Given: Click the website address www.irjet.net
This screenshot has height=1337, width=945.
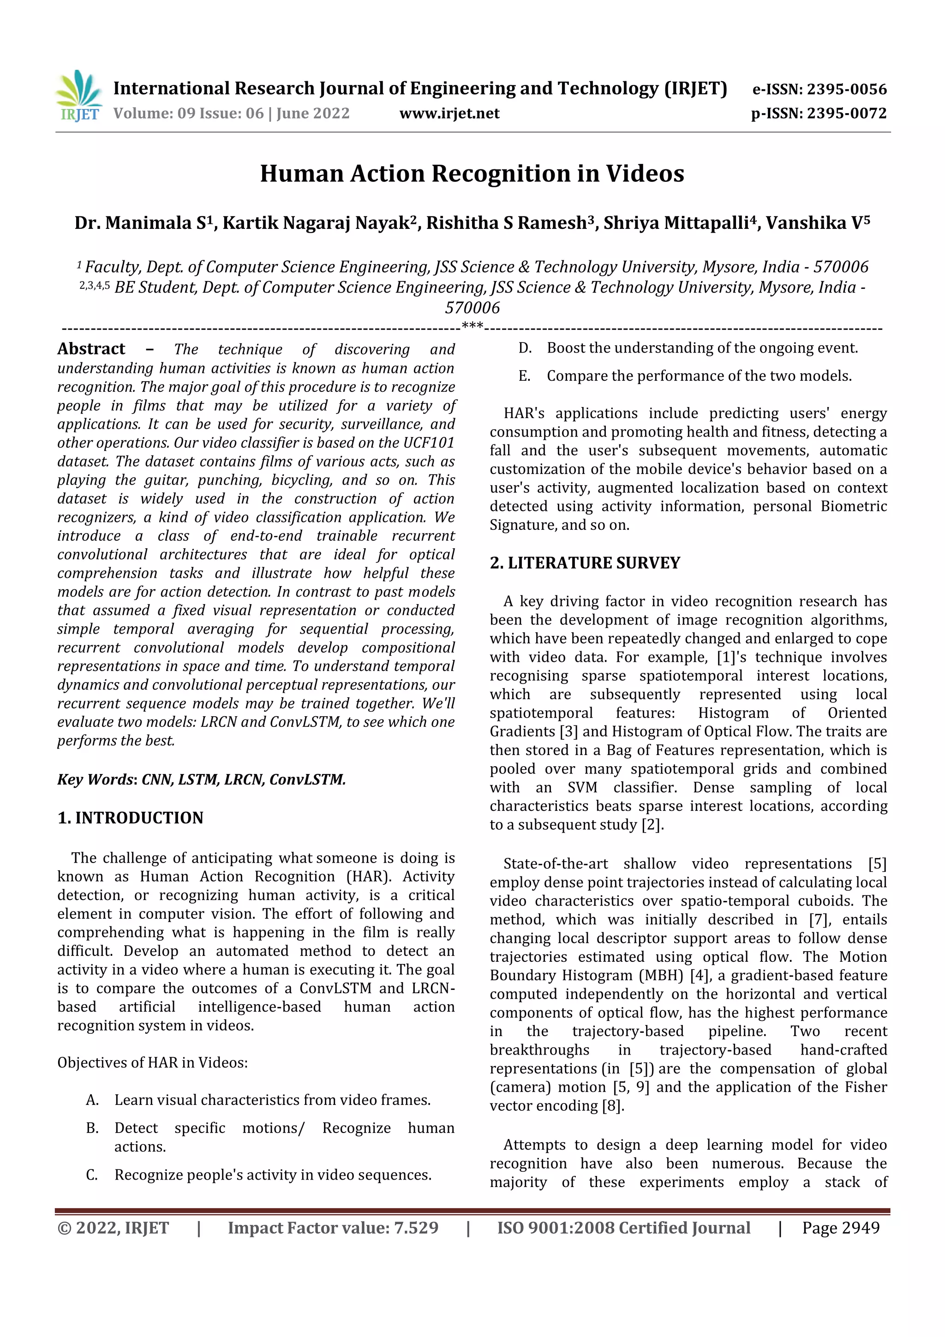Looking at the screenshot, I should [x=449, y=114].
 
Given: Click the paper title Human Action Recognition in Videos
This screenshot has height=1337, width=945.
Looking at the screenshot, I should [x=472, y=174].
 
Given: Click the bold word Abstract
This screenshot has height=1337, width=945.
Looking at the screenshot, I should [x=91, y=349].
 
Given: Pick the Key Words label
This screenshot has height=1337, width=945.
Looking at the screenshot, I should [x=96, y=779].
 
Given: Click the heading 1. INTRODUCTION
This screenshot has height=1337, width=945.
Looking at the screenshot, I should [x=131, y=818].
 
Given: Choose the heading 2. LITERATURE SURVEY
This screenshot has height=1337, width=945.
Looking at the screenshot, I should [x=585, y=563].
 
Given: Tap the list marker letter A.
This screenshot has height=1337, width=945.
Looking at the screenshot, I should [x=92, y=1100].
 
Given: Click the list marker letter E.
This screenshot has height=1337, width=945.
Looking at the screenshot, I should [x=524, y=376].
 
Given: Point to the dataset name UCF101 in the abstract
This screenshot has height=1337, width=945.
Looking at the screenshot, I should [x=429, y=443].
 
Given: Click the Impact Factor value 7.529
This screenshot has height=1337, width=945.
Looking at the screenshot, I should [x=416, y=1228].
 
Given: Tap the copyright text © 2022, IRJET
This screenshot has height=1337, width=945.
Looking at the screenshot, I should [x=113, y=1228].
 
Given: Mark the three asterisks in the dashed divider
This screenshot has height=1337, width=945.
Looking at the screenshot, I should [x=472, y=326].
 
